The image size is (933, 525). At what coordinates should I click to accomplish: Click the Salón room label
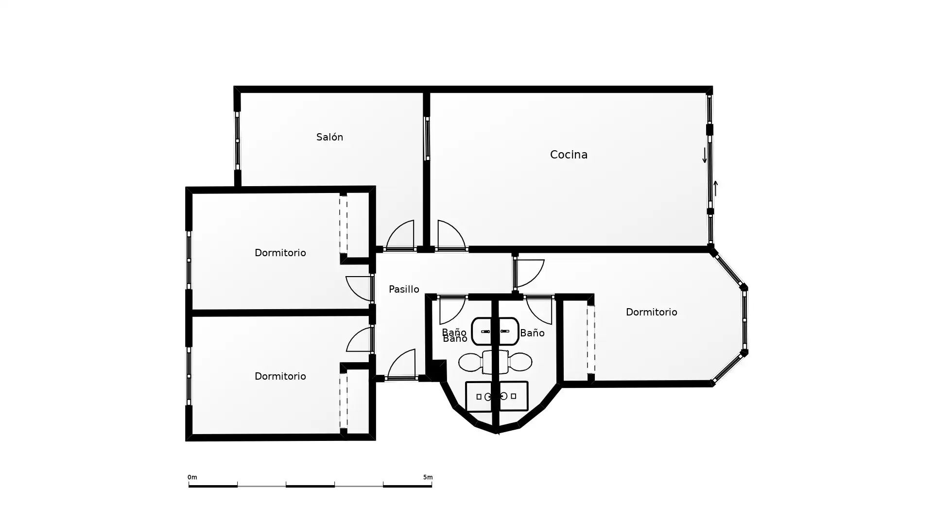pyautogui.click(x=329, y=137)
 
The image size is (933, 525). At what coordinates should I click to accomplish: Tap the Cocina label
pyautogui.click(x=569, y=155)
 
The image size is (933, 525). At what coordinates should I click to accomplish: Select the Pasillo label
pyautogui.click(x=404, y=289)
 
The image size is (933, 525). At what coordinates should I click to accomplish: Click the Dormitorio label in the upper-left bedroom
pyautogui.click(x=280, y=253)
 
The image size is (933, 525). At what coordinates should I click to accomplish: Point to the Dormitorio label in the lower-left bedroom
pyautogui.click(x=280, y=376)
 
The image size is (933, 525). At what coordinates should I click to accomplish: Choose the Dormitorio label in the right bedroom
pyautogui.click(x=651, y=312)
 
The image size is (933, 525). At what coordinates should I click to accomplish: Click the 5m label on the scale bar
pyautogui.click(x=428, y=477)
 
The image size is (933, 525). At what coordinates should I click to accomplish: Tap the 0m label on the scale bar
pyautogui.click(x=192, y=477)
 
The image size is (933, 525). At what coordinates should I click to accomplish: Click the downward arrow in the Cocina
pyautogui.click(x=705, y=155)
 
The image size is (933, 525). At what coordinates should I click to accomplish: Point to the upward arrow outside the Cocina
pyautogui.click(x=715, y=188)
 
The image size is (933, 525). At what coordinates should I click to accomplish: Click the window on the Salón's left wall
pyautogui.click(x=237, y=141)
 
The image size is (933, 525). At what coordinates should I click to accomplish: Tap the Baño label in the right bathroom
pyautogui.click(x=532, y=333)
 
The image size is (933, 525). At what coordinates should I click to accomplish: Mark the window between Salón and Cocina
pyautogui.click(x=427, y=139)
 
